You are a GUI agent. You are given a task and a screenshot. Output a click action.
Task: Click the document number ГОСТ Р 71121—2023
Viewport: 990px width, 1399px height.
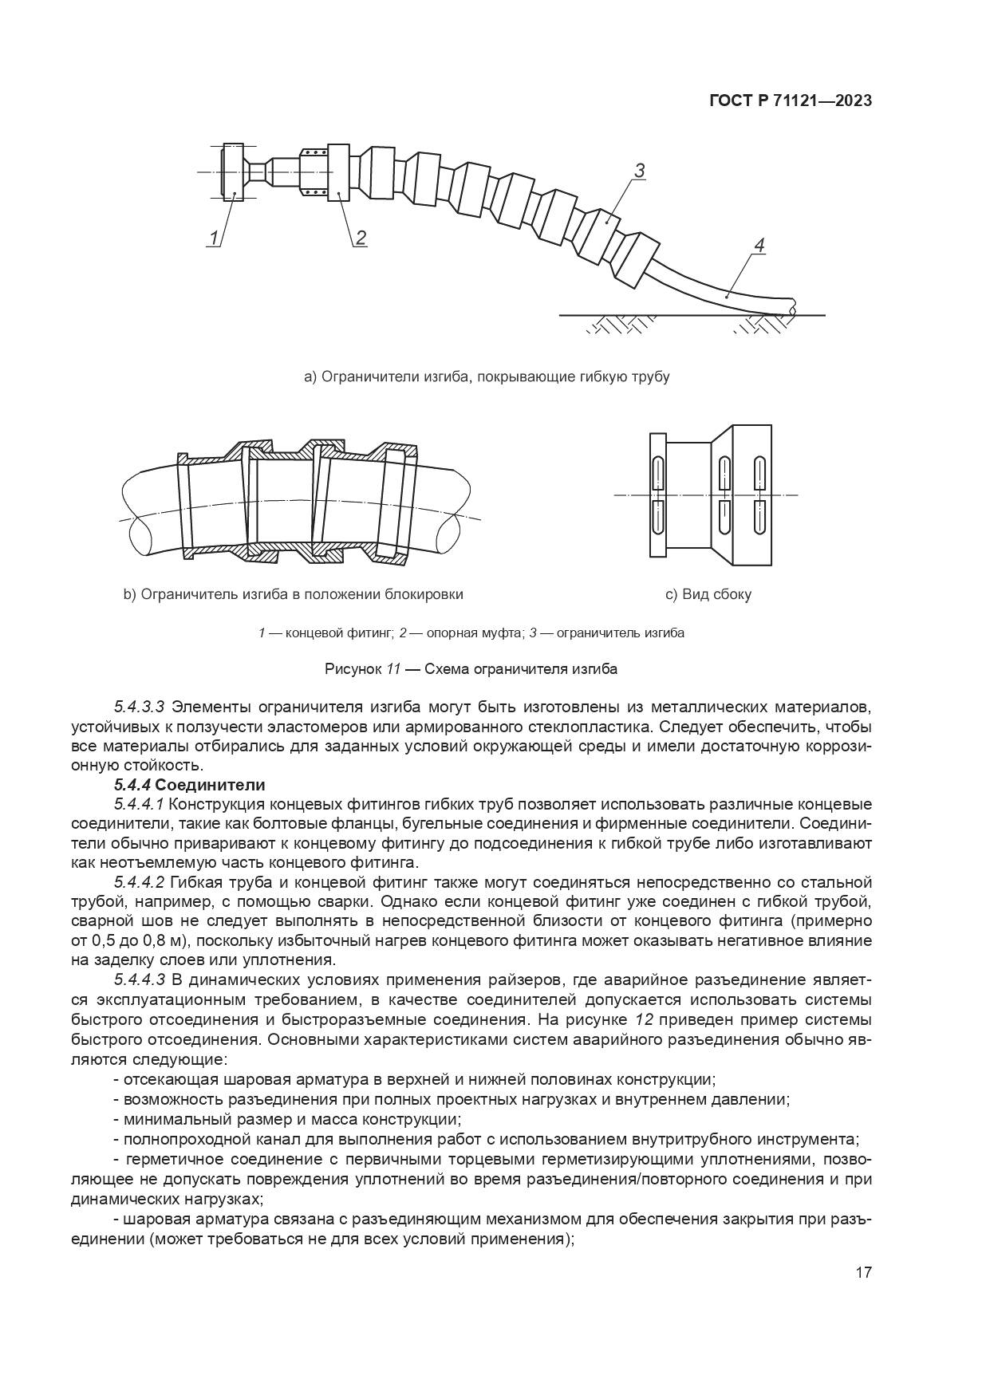pyautogui.click(x=790, y=101)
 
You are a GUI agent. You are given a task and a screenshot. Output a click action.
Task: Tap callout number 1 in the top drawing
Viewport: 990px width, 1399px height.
pyautogui.click(x=213, y=237)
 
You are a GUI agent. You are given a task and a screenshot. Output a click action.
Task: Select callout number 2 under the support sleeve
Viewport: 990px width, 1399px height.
pyautogui.click(x=361, y=237)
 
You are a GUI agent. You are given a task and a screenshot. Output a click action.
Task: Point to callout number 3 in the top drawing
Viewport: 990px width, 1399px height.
pyautogui.click(x=639, y=171)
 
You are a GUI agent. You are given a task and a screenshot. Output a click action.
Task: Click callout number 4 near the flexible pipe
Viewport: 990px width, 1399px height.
pyautogui.click(x=759, y=246)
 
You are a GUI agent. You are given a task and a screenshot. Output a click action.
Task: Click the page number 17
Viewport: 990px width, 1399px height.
pyautogui.click(x=863, y=1272)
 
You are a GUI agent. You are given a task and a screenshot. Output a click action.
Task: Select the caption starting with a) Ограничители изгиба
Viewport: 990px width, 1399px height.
pyautogui.click(x=487, y=376)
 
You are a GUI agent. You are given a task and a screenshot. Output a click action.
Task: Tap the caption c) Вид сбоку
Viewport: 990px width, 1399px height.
pyautogui.click(x=708, y=594)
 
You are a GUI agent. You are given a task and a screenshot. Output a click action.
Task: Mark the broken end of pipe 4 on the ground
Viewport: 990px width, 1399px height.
pyautogui.click(x=792, y=306)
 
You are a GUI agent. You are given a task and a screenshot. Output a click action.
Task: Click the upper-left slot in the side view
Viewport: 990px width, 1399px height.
pyautogui.click(x=657, y=474)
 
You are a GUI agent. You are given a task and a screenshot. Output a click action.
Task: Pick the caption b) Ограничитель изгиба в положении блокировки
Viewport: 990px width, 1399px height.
pyautogui.click(x=293, y=594)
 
